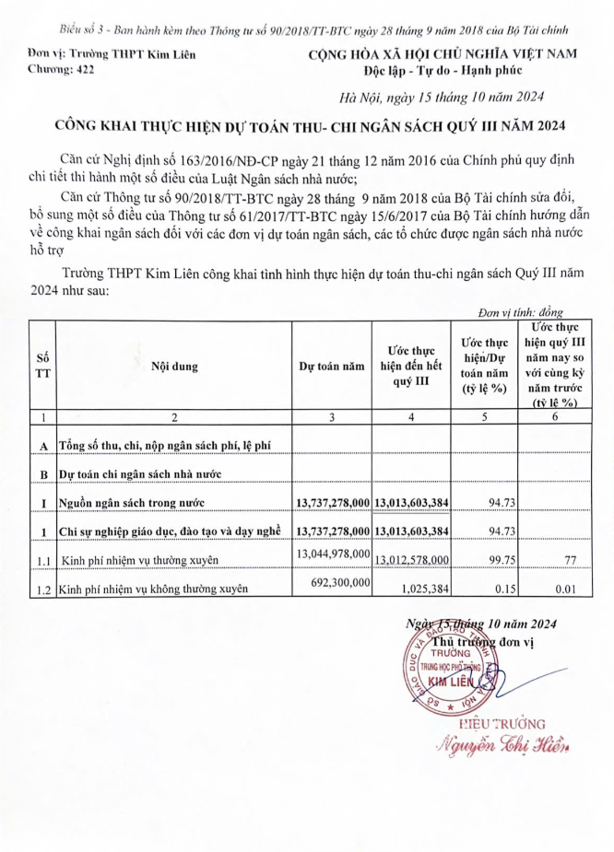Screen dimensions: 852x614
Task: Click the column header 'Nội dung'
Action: [174, 367]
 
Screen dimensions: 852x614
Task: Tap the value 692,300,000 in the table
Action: [333, 583]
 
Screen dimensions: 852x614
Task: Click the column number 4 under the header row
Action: [410, 417]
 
